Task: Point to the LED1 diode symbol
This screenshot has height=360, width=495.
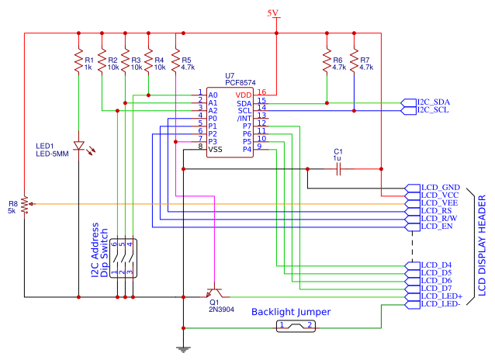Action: [x=78, y=146]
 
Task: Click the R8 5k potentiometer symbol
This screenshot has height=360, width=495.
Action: [x=25, y=204]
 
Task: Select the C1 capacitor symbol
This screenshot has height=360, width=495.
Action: [x=337, y=168]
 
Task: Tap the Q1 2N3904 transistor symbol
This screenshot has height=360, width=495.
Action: [x=215, y=294]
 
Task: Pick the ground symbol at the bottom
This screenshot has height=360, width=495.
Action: [x=183, y=348]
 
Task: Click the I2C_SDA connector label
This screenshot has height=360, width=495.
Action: [x=433, y=102]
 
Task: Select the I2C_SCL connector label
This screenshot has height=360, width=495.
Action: [x=433, y=110]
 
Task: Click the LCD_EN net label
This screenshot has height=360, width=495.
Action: [x=436, y=228]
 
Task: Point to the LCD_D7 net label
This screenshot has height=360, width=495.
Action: [x=435, y=289]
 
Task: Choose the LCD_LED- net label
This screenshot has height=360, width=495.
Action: [x=441, y=304]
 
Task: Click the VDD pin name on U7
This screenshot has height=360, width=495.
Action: [x=243, y=94]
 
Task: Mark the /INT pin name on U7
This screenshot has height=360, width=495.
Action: [x=244, y=118]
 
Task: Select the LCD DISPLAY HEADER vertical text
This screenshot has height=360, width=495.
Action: [x=481, y=245]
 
